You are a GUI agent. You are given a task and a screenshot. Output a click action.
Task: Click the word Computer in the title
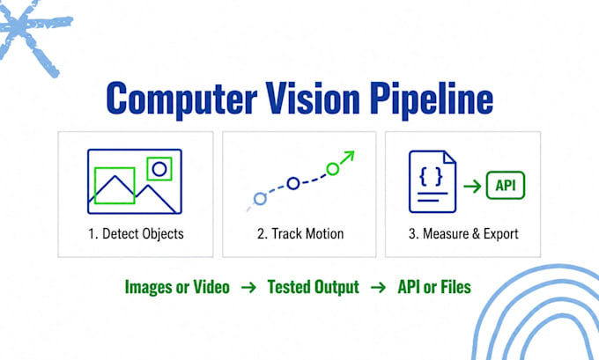181,99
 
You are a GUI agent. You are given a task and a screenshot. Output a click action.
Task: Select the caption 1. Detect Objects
136,233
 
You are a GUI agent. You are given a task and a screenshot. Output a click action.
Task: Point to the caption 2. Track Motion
300,233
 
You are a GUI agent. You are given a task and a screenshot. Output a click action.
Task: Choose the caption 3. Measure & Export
463,233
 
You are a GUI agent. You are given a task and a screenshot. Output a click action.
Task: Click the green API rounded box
506,186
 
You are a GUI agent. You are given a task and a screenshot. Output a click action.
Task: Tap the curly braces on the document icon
432,176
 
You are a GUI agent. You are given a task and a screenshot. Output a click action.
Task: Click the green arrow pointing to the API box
472,187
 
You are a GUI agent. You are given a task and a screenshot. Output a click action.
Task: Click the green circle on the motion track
333,169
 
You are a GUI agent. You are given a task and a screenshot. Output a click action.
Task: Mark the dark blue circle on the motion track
293,184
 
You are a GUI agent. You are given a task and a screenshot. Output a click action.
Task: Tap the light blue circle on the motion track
260,199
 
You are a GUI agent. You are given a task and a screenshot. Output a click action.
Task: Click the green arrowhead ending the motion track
349,156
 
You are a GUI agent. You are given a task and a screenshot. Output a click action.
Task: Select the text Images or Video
177,287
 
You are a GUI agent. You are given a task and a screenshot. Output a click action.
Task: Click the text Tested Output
314,288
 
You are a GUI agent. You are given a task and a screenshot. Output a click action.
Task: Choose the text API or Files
434,287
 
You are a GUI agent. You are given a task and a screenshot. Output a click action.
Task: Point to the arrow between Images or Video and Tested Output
248,287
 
